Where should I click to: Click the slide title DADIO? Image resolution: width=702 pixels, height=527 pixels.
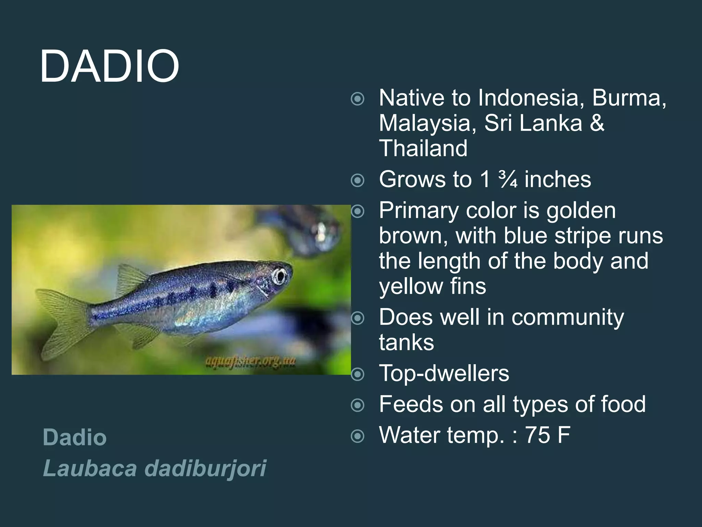coord(109,66)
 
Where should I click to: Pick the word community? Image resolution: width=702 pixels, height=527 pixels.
coord(568,317)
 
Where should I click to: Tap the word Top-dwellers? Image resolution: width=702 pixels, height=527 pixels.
coord(444,373)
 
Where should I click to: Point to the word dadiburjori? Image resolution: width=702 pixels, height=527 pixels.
coord(205,468)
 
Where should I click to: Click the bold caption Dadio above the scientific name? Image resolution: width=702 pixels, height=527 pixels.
coord(75,437)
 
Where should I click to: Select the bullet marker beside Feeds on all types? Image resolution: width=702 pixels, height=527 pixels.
coord(358,405)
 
